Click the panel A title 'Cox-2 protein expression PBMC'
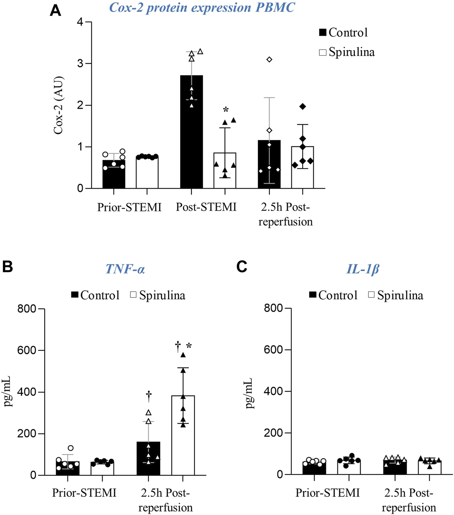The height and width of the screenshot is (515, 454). (x=202, y=7)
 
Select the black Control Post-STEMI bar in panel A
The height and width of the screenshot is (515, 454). (x=191, y=132)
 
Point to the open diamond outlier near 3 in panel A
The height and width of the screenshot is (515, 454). (x=269, y=60)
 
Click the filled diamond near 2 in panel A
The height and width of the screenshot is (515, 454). (x=303, y=106)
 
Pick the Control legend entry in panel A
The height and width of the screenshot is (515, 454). (x=343, y=32)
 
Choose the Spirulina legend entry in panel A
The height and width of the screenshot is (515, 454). (x=346, y=52)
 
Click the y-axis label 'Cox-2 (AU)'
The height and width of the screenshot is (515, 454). (x=58, y=105)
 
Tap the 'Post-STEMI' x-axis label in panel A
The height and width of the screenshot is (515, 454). (x=206, y=207)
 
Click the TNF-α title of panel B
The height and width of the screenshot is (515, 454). (x=125, y=269)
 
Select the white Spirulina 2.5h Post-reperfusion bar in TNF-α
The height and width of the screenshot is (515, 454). (x=183, y=435)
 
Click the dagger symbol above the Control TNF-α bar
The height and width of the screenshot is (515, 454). (x=149, y=396)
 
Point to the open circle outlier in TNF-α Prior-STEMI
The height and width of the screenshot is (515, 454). (x=71, y=448)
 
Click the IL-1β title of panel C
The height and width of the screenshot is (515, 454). (x=363, y=269)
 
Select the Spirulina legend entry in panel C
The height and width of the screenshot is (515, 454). (x=395, y=295)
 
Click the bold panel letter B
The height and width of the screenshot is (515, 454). (x=8, y=267)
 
